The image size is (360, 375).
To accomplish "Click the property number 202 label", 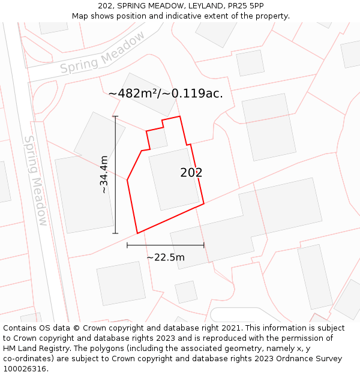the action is (x=191, y=173).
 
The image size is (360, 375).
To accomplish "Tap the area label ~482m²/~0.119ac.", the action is (x=166, y=94).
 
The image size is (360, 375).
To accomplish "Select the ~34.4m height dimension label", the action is (x=104, y=174).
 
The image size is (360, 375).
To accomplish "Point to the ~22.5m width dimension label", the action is (x=166, y=257).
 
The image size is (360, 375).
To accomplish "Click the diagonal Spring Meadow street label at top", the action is (x=103, y=53).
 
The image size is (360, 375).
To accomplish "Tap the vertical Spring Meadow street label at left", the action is (x=35, y=180).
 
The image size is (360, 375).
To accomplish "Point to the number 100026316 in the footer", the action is (x=24, y=369).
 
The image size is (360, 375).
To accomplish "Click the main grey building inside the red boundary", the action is (x=174, y=179).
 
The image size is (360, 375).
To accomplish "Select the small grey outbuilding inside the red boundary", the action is (x=158, y=139).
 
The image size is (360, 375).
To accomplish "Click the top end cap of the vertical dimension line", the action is (x=115, y=116).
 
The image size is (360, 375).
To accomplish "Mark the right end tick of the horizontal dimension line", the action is (x=204, y=245).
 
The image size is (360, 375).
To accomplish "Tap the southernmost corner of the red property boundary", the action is (x=137, y=233).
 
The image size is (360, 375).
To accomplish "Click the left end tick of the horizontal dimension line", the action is (x=127, y=245).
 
